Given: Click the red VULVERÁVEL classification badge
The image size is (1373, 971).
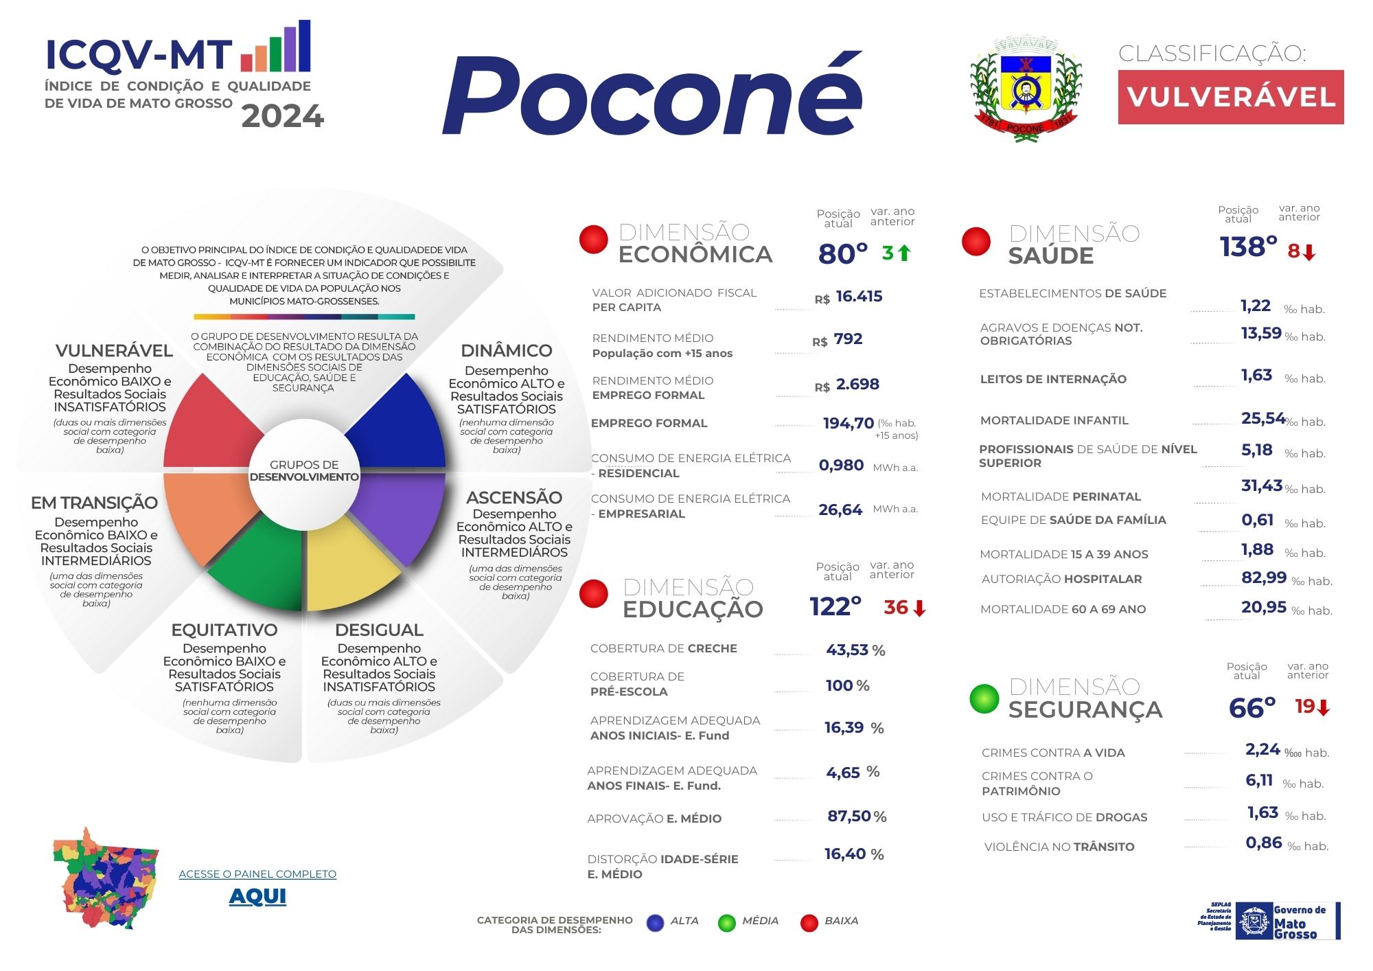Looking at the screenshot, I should [x=1230, y=97].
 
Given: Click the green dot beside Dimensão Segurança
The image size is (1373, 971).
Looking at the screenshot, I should [x=984, y=698].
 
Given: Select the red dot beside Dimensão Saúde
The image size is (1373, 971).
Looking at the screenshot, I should [x=976, y=242].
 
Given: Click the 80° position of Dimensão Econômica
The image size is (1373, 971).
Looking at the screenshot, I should [x=843, y=254].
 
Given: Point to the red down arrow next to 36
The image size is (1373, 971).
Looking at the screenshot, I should [x=920, y=608].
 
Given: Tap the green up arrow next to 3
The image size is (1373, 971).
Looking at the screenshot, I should [x=905, y=253].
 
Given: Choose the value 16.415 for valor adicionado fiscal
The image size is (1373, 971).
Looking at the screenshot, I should [x=859, y=297].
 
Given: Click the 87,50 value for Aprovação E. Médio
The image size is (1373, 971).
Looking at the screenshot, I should [x=849, y=816].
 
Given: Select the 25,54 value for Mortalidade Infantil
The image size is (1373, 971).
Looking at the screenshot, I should [x=1262, y=418].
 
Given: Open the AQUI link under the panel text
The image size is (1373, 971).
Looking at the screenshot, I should [x=257, y=896].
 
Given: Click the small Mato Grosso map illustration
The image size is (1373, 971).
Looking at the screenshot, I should [x=106, y=880].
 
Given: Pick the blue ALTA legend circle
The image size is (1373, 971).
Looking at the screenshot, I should [x=656, y=923].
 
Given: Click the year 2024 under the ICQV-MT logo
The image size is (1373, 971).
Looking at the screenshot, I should [x=282, y=117].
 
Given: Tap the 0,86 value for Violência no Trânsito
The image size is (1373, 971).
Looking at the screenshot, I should [x=1264, y=843].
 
